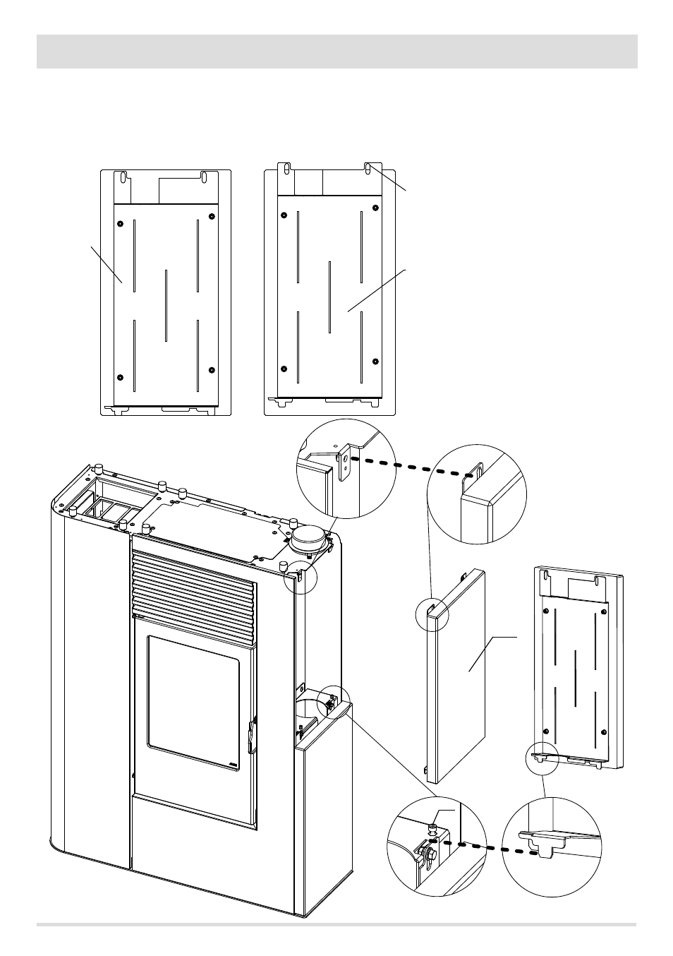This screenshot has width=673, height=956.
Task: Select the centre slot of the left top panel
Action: click(166, 305)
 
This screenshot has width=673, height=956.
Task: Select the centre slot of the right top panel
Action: click(329, 297)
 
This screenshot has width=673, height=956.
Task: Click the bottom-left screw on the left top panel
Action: click(120, 377)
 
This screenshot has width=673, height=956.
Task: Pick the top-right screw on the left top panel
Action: click(212, 215)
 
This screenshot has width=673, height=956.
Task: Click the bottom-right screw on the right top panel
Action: click(375, 362)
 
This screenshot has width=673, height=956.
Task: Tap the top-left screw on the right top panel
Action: click(284, 215)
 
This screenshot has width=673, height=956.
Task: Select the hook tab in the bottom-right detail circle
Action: click(542, 844)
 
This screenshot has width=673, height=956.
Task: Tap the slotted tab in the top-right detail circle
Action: click(476, 471)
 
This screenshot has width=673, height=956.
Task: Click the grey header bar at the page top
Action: click(336, 52)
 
